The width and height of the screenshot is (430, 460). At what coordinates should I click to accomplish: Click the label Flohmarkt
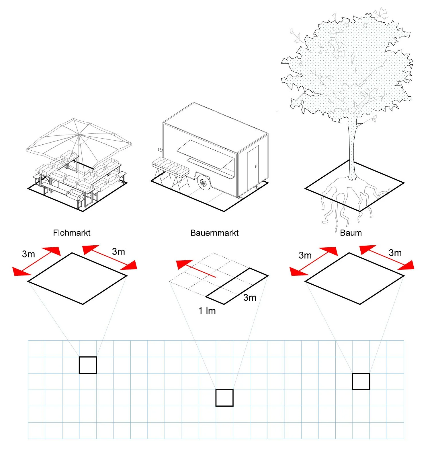(x=72, y=233)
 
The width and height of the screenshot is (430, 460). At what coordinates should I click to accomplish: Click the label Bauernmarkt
(x=214, y=233)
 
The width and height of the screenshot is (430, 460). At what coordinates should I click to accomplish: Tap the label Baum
(x=351, y=233)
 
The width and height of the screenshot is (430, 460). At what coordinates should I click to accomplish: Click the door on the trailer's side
(x=253, y=167)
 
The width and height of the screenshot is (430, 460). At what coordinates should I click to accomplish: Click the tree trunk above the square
(x=352, y=143)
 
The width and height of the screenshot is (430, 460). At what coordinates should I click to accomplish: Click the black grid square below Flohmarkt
(x=88, y=365)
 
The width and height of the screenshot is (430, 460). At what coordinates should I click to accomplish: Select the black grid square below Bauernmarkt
(x=224, y=398)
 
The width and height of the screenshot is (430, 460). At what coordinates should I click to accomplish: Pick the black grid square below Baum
(x=361, y=381)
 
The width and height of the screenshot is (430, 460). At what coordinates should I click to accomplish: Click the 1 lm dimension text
(x=207, y=310)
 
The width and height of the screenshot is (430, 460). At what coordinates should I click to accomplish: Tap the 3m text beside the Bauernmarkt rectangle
(x=250, y=298)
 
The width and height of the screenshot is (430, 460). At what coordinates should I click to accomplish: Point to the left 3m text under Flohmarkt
(x=28, y=254)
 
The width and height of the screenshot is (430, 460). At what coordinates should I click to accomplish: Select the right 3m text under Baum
(x=395, y=253)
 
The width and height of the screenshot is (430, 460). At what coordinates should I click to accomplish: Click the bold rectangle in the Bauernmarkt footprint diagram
(x=237, y=286)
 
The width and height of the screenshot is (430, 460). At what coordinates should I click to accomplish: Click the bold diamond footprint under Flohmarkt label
(x=77, y=278)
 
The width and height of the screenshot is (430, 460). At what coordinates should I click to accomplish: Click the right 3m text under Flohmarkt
(x=118, y=252)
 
